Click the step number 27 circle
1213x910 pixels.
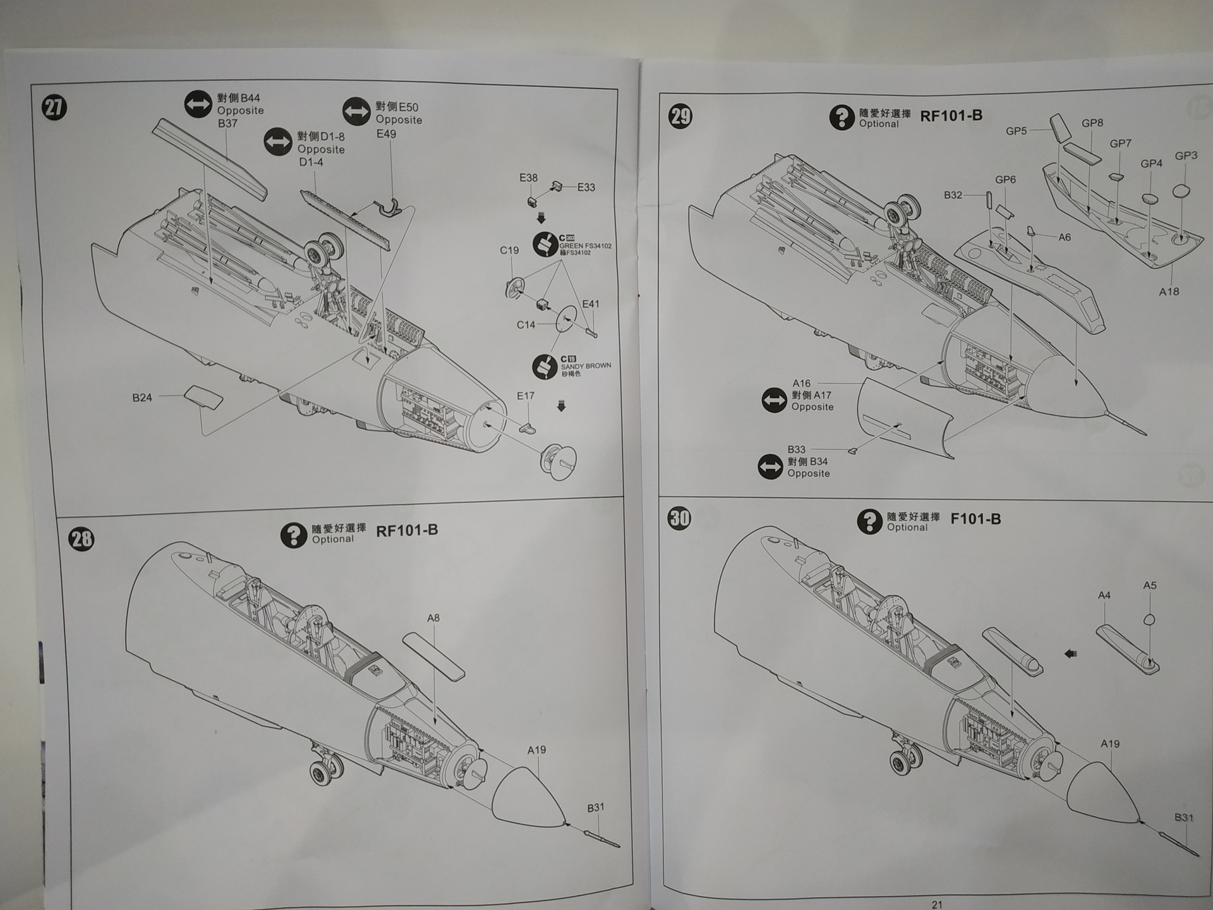tap(54, 107)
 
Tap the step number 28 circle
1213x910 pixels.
tap(81, 539)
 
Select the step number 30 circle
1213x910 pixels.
tap(680, 518)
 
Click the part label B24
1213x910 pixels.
tap(142, 397)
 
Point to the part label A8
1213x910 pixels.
tap(433, 618)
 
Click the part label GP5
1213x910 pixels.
tap(1016, 131)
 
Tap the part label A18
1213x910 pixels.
tap(1169, 291)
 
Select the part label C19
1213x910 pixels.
tap(509, 250)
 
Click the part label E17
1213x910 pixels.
tap(526, 396)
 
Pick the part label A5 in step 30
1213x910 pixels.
tap(1150, 585)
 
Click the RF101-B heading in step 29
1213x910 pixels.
tap(951, 116)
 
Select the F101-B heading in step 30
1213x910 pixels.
tap(975, 519)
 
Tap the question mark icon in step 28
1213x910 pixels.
tap(293, 535)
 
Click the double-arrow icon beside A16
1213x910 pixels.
tap(774, 400)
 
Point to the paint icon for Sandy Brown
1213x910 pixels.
tap(545, 366)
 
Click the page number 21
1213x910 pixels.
tap(937, 904)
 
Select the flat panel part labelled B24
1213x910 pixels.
tap(203, 398)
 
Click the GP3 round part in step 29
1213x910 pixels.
tap(1181, 191)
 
